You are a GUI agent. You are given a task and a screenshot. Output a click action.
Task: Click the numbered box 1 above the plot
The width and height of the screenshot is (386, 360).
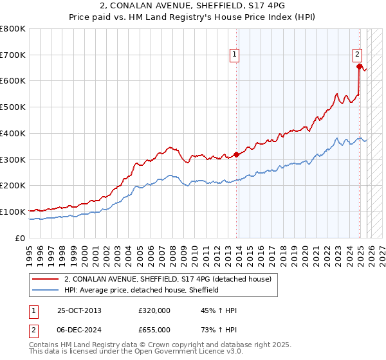click(235, 55)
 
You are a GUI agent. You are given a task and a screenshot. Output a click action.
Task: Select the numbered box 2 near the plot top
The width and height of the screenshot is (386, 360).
click(357, 55)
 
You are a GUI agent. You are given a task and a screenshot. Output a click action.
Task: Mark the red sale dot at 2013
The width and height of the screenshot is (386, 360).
click(236, 154)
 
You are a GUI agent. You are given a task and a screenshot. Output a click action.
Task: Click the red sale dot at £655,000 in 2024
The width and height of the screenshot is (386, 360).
click(358, 66)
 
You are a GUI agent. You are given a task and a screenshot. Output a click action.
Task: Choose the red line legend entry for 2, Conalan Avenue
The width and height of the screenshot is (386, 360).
click(167, 278)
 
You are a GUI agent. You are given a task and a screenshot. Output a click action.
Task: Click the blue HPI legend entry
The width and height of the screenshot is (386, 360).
click(142, 290)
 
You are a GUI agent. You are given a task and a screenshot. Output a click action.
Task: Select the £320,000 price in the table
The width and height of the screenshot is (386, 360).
click(154, 310)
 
